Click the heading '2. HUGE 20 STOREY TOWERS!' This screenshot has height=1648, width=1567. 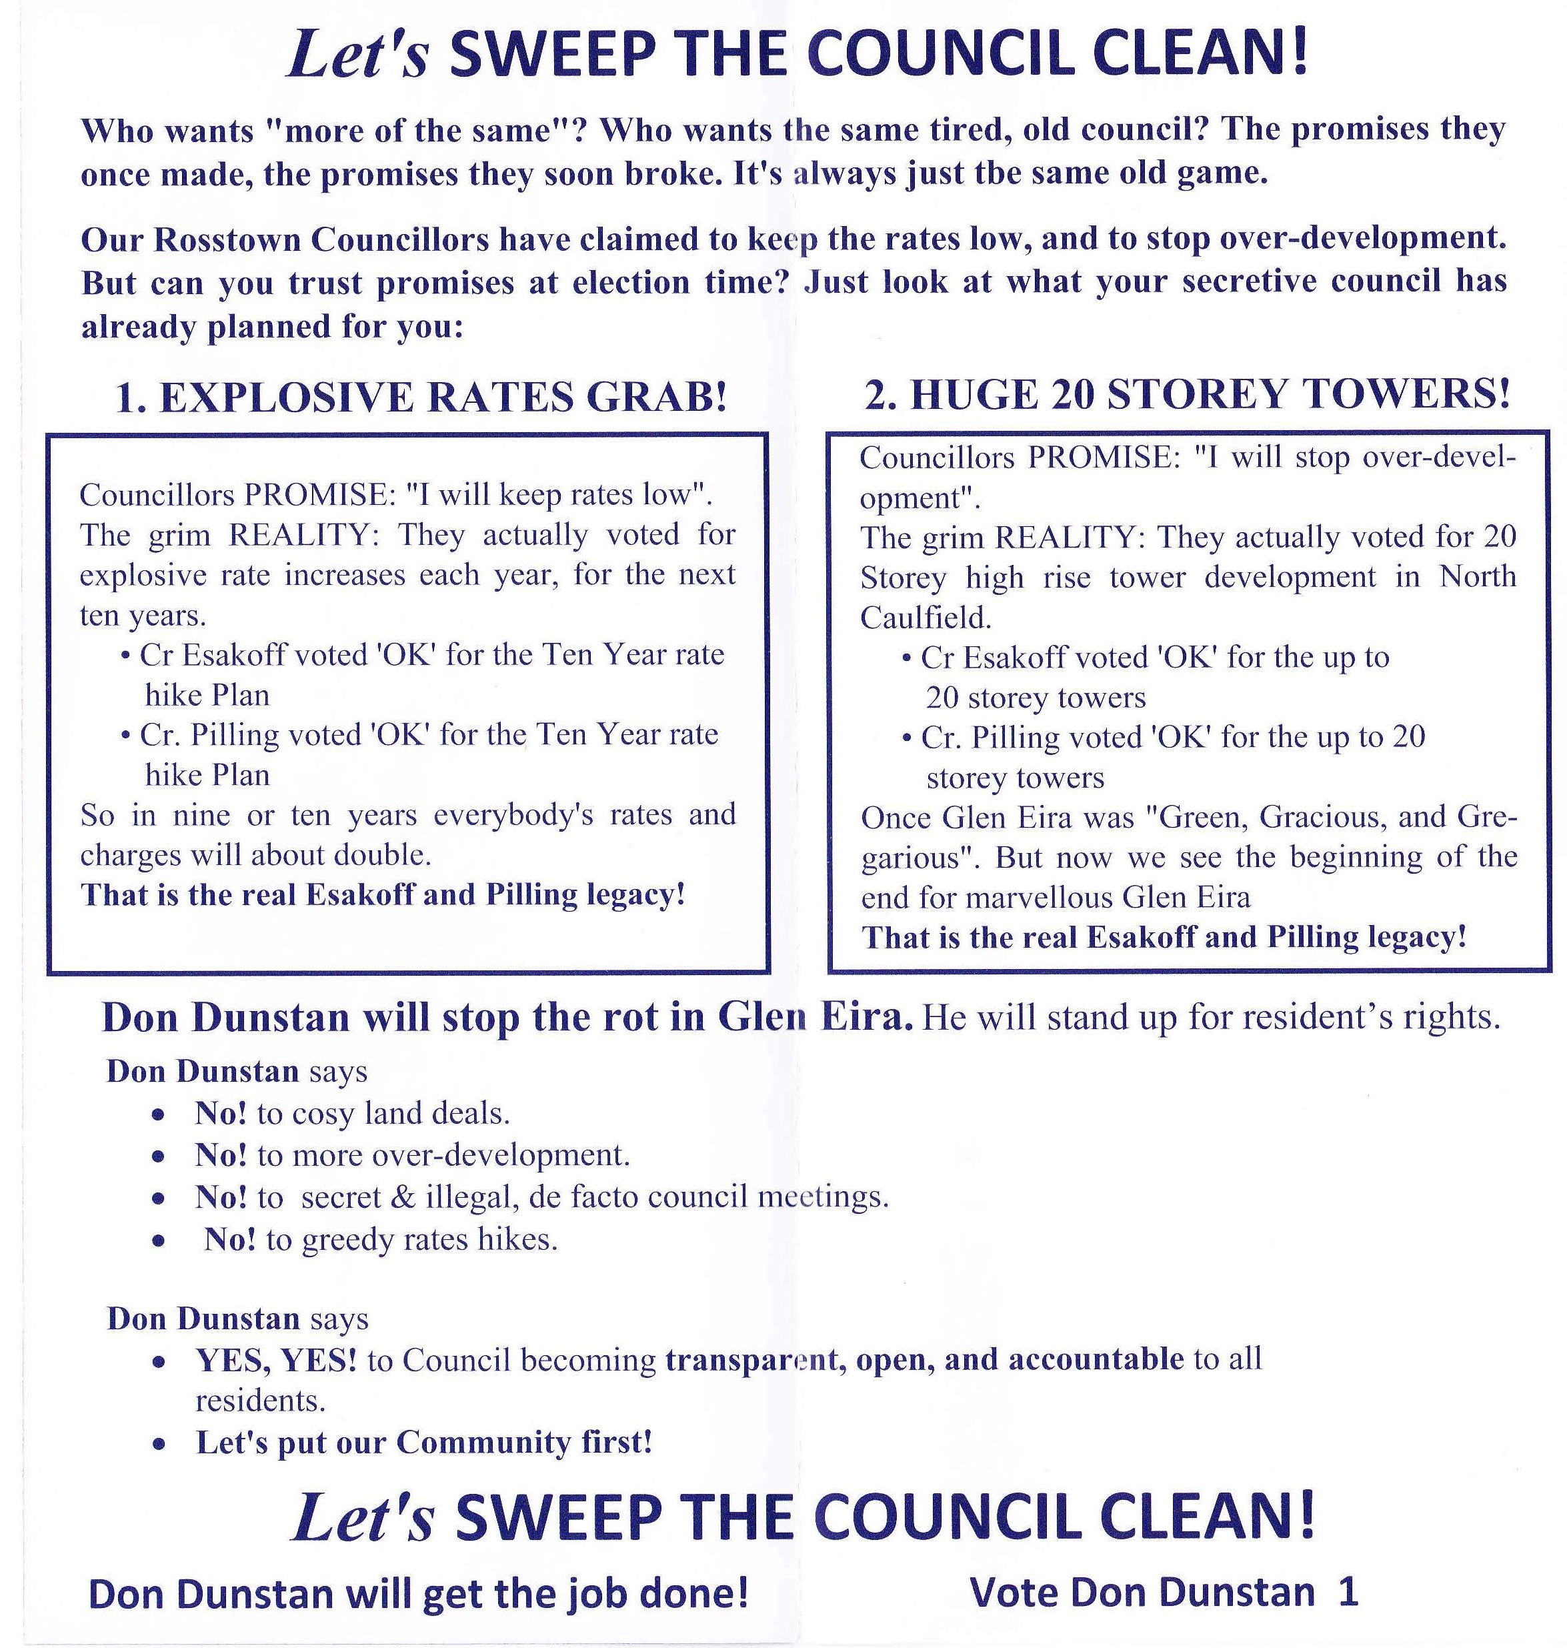pos(1187,393)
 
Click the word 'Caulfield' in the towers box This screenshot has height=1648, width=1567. pos(924,618)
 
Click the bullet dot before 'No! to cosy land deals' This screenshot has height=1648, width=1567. pos(158,1115)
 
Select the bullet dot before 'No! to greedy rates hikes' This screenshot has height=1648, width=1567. pos(158,1241)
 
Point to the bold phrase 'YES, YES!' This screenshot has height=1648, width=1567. pos(275,1360)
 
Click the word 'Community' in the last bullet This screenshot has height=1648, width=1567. pos(483,1443)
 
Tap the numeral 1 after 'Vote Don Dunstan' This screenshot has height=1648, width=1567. pos(1348,1593)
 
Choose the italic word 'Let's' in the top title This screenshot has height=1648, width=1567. pos(357,57)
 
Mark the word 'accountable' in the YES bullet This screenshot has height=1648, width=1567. pos(1096,1359)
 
